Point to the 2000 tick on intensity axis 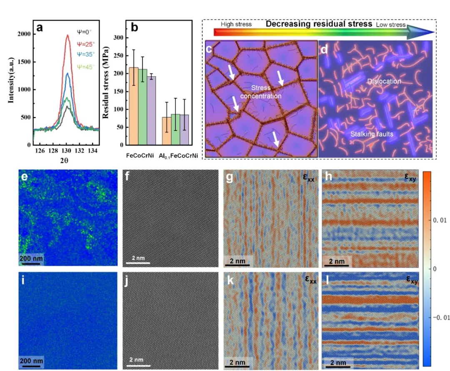tap(24, 34)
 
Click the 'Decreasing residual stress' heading tap(319, 24)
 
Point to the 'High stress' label tap(236, 24)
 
